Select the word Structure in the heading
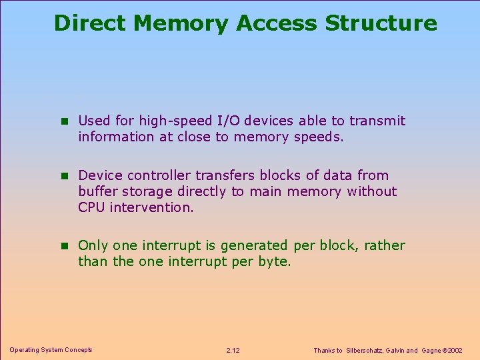pyautogui.click(x=381, y=23)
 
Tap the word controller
pyautogui.click(x=159, y=175)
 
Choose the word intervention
pyautogui.click(x=152, y=207)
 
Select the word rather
pyautogui.click(x=385, y=245)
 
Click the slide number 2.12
pyautogui.click(x=233, y=350)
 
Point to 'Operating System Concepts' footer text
pyautogui.click(x=51, y=350)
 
